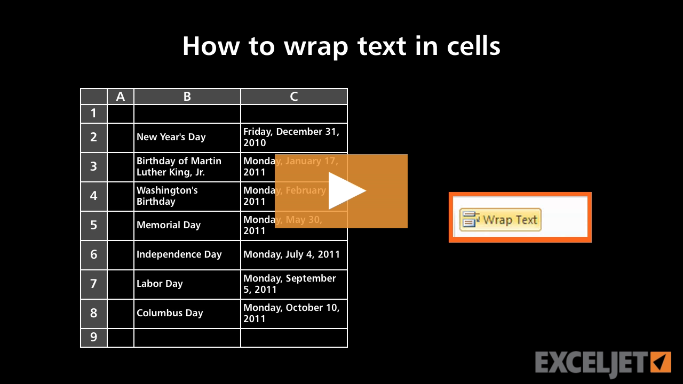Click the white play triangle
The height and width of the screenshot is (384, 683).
point(346,191)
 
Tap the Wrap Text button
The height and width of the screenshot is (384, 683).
point(500,220)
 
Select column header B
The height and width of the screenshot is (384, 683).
point(187,97)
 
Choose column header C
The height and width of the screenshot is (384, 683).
point(294,97)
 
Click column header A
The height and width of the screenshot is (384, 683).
point(121,97)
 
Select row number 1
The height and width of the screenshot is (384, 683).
point(94,114)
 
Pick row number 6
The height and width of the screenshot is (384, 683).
point(94,254)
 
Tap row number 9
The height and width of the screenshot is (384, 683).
point(94,338)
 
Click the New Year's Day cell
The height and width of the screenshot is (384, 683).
point(171,137)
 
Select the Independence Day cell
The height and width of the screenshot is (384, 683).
point(179,254)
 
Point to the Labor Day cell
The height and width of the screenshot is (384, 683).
point(160,284)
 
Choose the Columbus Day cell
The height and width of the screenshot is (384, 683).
point(170,313)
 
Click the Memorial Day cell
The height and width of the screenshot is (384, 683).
point(169,225)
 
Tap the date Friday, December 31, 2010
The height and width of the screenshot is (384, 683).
point(291,137)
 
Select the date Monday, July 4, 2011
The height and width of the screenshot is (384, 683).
point(291,254)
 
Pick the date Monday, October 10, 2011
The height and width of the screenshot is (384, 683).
point(291,313)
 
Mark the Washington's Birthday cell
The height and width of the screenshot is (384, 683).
point(167,196)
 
